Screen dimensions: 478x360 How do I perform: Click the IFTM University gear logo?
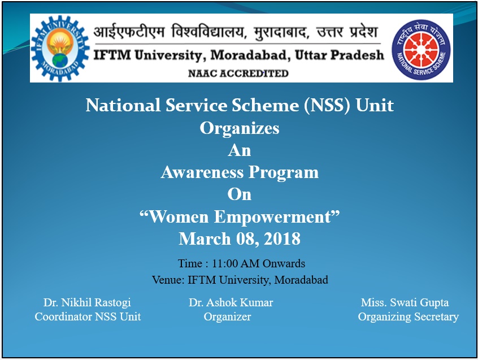[x=60, y=48]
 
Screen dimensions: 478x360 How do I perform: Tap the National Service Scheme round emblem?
[x=421, y=50]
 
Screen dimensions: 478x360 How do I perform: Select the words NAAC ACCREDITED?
[x=238, y=73]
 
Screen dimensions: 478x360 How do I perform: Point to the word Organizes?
[x=240, y=128]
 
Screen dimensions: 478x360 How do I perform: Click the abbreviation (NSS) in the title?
[x=327, y=106]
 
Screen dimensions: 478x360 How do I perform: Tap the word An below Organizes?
[x=240, y=150]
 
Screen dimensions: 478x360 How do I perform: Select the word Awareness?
[x=202, y=172]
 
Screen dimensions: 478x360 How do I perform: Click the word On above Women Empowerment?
[x=240, y=194]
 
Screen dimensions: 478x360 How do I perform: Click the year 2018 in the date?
[x=283, y=238]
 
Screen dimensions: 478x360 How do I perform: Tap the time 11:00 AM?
[x=236, y=263]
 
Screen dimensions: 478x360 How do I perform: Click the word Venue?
[x=168, y=280]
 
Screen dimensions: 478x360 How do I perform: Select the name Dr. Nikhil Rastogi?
[x=87, y=302]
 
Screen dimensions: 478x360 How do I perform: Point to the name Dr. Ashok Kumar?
[x=231, y=302]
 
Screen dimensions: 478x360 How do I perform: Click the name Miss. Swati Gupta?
[x=405, y=302]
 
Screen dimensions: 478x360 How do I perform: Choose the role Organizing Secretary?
[x=409, y=316]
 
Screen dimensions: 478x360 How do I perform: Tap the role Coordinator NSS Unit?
[x=88, y=316]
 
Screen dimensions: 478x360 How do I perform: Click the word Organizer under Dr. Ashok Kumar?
[x=227, y=316]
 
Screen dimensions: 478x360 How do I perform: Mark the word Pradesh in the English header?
[x=357, y=55]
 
